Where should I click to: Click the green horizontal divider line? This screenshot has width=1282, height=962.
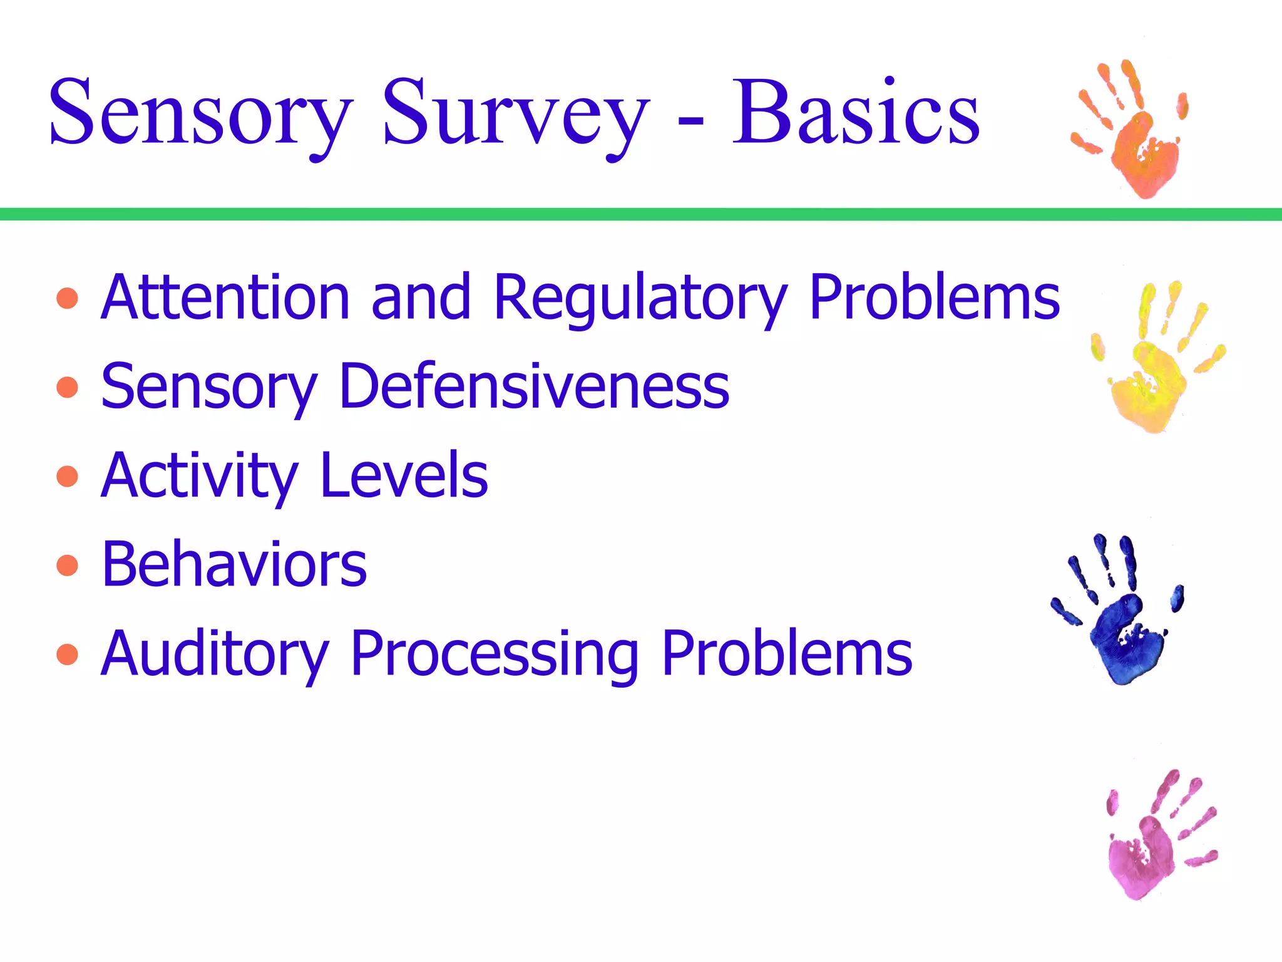641,214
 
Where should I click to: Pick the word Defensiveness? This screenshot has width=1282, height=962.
534,387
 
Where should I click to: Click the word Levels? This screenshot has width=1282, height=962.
404,476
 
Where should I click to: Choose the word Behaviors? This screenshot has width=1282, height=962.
234,565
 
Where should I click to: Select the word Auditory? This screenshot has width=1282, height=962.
214,655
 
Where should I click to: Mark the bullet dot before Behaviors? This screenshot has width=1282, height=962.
67,566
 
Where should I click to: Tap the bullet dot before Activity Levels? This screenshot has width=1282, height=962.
67,477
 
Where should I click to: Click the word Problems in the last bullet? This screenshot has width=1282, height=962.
786,654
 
